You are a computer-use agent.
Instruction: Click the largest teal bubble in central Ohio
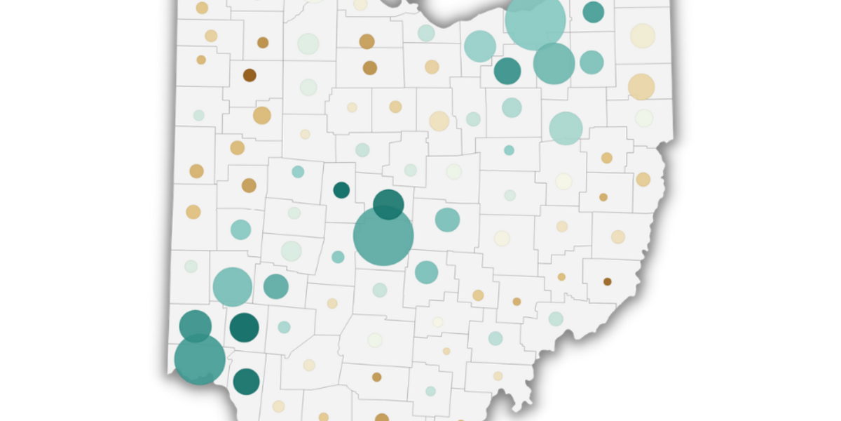click(x=383, y=236)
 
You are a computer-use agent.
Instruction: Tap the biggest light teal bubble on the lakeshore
click(x=535, y=21)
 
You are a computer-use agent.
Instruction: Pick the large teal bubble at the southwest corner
click(x=200, y=359)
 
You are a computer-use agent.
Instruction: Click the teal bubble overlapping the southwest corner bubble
click(x=195, y=324)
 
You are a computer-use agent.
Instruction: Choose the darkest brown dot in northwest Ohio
click(x=249, y=75)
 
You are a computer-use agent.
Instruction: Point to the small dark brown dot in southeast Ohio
click(x=607, y=281)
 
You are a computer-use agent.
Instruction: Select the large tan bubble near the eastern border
click(x=641, y=86)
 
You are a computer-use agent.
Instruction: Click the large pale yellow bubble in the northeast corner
click(x=642, y=35)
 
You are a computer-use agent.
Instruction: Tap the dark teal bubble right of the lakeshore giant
click(x=593, y=12)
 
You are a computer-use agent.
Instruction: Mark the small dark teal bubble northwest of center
click(x=341, y=189)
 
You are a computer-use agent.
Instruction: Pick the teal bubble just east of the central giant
click(x=447, y=220)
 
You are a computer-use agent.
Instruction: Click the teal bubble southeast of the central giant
click(x=426, y=272)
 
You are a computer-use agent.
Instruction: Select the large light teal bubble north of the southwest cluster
click(x=232, y=286)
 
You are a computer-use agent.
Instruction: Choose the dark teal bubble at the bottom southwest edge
click(x=246, y=381)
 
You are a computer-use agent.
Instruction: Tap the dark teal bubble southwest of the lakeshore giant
click(x=507, y=70)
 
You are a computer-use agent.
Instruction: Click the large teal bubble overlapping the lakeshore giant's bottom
click(x=554, y=63)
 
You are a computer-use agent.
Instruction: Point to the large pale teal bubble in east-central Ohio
click(x=566, y=128)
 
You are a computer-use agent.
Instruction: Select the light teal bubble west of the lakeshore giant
click(x=480, y=46)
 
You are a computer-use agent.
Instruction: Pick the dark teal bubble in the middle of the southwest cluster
click(x=244, y=327)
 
